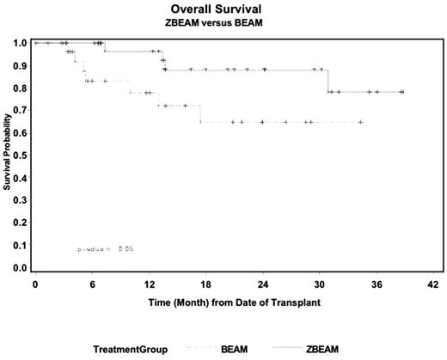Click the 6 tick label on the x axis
click(92, 284)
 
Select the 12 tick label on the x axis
click(149, 284)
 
